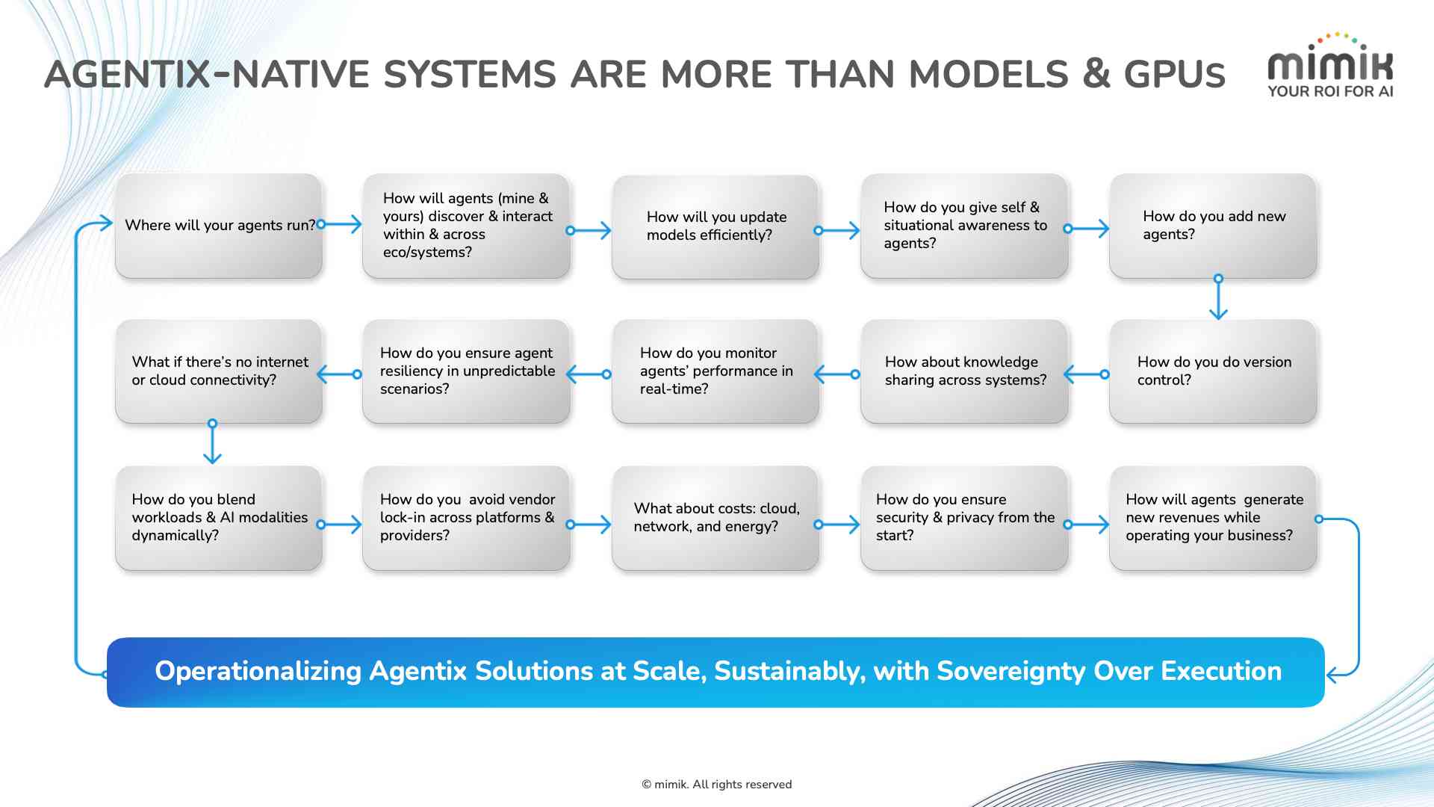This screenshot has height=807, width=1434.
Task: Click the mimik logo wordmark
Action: coord(1330,65)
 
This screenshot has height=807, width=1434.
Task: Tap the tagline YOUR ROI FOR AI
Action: coord(1330,91)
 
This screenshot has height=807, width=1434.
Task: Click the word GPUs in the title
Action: coord(1174,75)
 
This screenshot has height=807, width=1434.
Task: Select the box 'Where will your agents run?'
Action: coord(219,226)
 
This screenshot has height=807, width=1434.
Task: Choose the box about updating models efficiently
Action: coord(715,226)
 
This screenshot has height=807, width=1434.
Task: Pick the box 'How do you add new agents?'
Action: coord(1213,226)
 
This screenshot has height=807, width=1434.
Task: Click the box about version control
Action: coord(1213,371)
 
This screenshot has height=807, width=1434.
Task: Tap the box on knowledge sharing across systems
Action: coord(964,371)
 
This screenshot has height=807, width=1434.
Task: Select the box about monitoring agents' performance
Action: coord(715,371)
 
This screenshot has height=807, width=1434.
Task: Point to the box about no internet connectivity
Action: coord(219,371)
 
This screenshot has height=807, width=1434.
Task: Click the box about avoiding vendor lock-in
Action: coord(466,518)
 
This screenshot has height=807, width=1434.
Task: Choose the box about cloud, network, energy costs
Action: coord(715,518)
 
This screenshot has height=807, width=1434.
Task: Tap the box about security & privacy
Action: coord(964,518)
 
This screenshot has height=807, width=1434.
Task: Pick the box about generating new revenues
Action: coord(1213,518)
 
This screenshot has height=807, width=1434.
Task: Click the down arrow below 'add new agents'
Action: coord(1218,299)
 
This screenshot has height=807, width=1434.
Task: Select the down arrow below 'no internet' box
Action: coord(212,444)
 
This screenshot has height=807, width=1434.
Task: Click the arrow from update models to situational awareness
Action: coord(838,230)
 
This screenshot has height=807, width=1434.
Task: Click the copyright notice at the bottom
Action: coord(716,784)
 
